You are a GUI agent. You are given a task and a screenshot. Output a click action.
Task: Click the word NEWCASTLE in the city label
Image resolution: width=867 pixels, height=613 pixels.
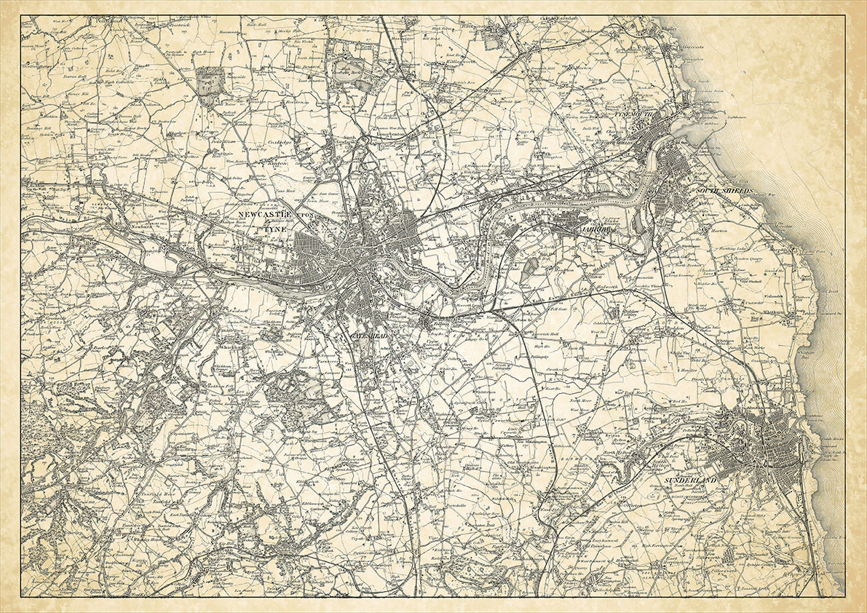pyautogui.click(x=265, y=215)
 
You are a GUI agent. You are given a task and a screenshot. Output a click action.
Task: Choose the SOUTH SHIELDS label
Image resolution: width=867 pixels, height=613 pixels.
pyautogui.click(x=724, y=191)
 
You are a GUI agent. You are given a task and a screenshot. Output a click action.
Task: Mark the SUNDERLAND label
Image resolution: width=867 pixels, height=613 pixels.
pyautogui.click(x=689, y=481)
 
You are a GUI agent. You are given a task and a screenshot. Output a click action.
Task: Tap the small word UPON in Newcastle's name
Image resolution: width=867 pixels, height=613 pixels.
pyautogui.click(x=306, y=215)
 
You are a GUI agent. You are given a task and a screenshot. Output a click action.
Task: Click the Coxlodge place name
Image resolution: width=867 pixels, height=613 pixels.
pyautogui.click(x=280, y=143)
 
